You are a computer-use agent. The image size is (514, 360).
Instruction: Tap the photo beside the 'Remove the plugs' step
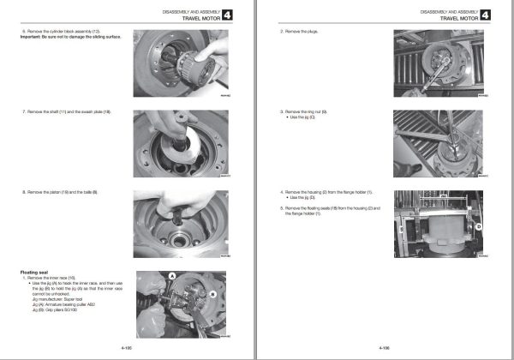tap(440, 64)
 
